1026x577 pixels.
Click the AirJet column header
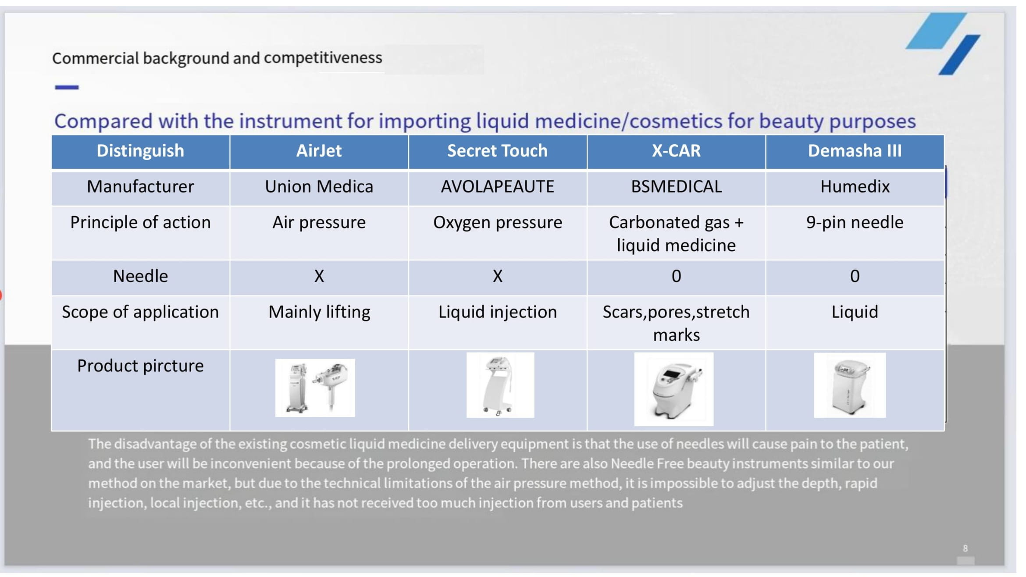(319, 151)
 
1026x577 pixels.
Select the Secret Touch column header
(497, 151)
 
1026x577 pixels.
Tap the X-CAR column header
(676, 151)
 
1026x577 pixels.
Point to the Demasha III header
(855, 151)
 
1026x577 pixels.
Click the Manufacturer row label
(140, 187)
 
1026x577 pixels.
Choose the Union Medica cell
(319, 187)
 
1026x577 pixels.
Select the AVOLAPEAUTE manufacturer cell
(497, 187)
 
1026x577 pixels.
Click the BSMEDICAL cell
(676, 187)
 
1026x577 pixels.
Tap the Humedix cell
(855, 187)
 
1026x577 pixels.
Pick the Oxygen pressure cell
(497, 223)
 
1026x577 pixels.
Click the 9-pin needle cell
(855, 223)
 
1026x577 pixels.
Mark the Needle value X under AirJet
(319, 276)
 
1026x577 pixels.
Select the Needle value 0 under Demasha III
(855, 276)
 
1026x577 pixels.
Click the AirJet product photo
(315, 388)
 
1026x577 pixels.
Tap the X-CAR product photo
(673, 389)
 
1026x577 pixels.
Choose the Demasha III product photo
(850, 385)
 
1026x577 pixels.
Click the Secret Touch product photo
(500, 385)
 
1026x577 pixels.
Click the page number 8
(965, 549)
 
